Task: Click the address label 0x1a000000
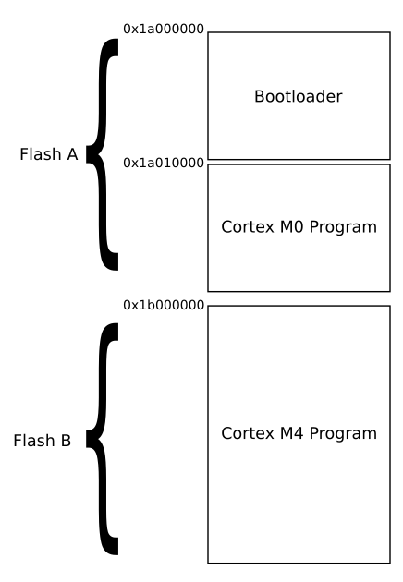pyautogui.click(x=164, y=30)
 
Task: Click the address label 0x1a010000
pyautogui.click(x=164, y=163)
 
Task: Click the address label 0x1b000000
pyautogui.click(x=164, y=304)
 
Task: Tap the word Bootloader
pyautogui.click(x=298, y=96)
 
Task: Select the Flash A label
pyautogui.click(x=48, y=154)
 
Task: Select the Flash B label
pyautogui.click(x=42, y=441)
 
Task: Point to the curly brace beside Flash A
pyautogui.click(x=104, y=153)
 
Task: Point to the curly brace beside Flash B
pyautogui.click(x=104, y=440)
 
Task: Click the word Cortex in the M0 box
pyautogui.click(x=242, y=227)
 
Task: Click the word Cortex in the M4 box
pyautogui.click(x=242, y=433)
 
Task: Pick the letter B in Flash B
pyautogui.click(x=65, y=441)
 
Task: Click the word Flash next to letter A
pyautogui.click(x=39, y=154)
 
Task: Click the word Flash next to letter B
pyautogui.click(x=32, y=441)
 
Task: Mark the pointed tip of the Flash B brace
pyautogui.click(x=88, y=440)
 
